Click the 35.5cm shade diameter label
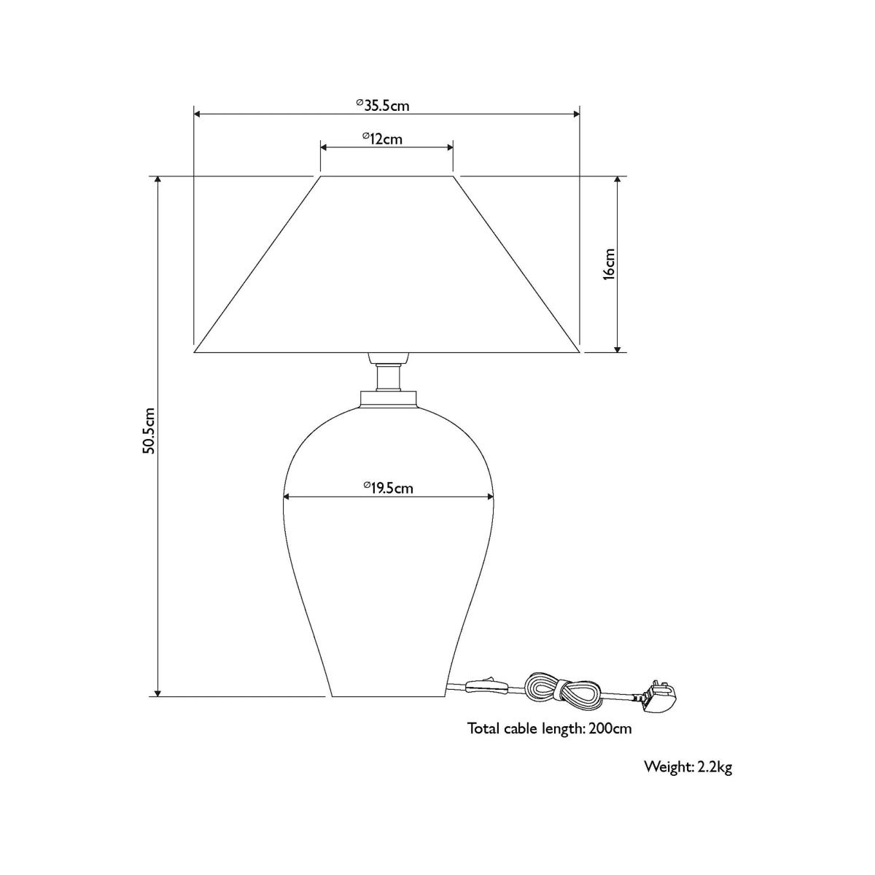[x=383, y=105]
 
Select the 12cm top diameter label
[x=382, y=139]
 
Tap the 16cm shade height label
[x=609, y=264]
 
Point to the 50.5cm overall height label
[x=149, y=430]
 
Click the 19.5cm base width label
[x=388, y=488]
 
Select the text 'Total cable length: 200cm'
[x=550, y=742]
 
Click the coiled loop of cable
[x=563, y=699]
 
